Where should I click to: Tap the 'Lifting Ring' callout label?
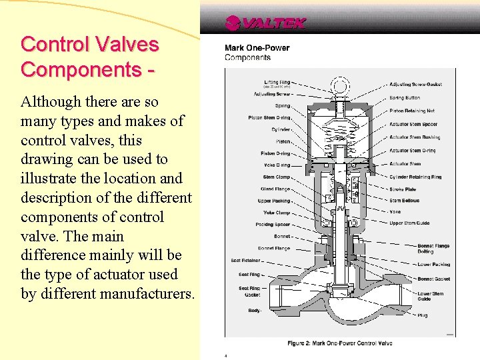[x=277, y=83]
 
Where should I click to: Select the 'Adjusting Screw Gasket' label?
[x=415, y=85]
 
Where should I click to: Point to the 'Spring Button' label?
[x=405, y=98]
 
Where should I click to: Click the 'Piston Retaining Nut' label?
[x=412, y=111]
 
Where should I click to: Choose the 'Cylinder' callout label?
[x=281, y=129]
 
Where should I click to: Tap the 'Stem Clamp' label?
[x=277, y=177]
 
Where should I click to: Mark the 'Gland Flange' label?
[x=275, y=189]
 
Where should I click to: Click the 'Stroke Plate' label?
[x=403, y=189]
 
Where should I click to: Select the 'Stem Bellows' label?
[x=405, y=200]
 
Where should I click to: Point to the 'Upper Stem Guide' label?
[x=409, y=223]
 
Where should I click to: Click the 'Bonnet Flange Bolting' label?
[x=434, y=249]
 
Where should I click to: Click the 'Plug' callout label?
[x=423, y=315]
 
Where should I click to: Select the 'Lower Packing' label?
[x=433, y=265]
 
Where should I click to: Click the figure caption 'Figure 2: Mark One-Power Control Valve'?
[x=340, y=343]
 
